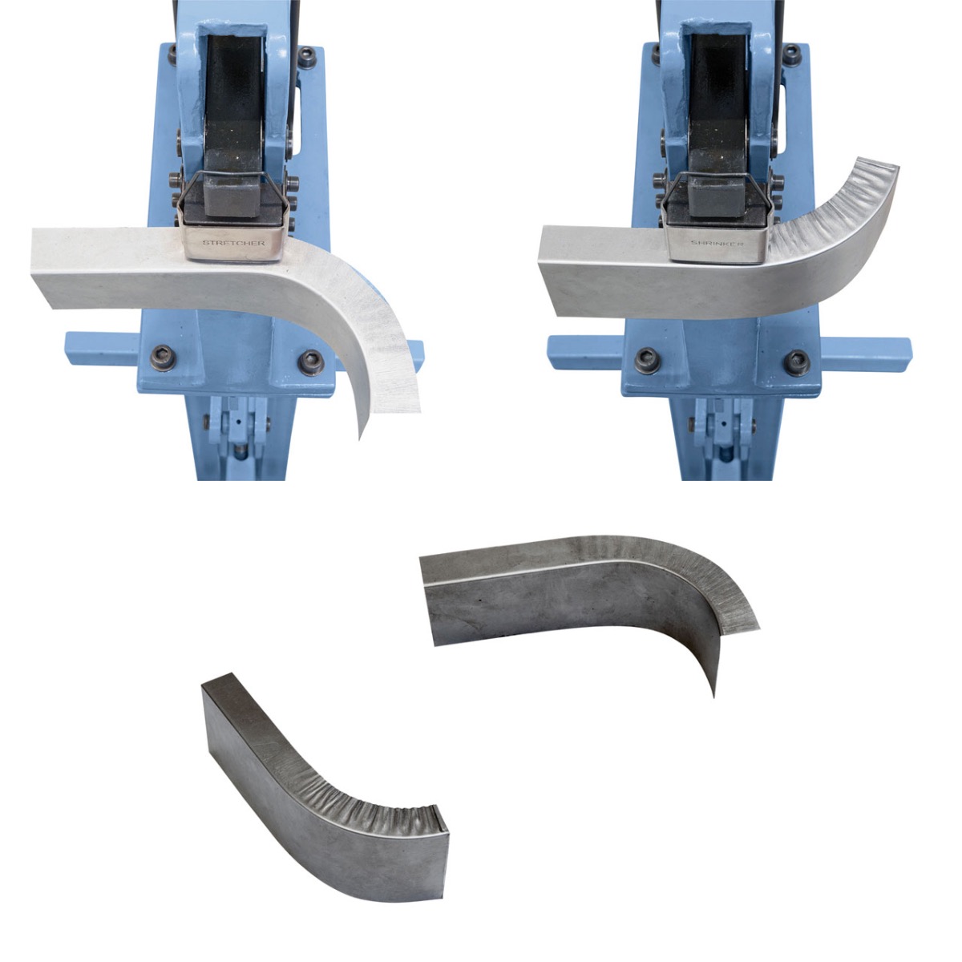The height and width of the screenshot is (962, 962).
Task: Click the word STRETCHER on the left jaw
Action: [x=233, y=243]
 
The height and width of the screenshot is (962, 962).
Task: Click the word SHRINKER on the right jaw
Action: [x=717, y=243]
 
